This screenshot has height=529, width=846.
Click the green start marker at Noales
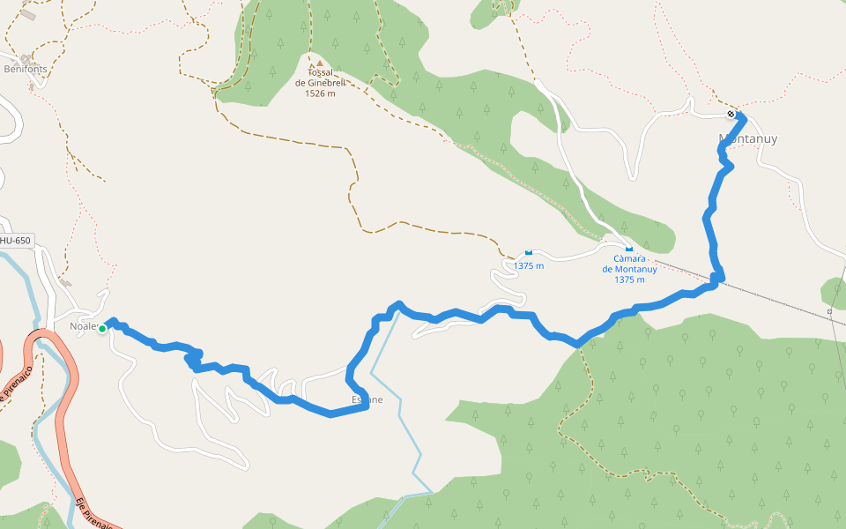(x=102, y=329)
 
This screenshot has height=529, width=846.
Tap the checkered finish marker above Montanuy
(x=731, y=115)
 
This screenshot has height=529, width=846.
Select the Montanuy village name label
(x=748, y=139)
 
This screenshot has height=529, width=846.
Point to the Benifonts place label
(x=26, y=69)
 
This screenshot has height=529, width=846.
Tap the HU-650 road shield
(x=15, y=241)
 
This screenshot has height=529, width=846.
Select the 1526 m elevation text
(x=320, y=93)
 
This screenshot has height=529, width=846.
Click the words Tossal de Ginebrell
(x=320, y=78)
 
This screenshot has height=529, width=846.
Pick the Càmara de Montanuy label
(x=629, y=270)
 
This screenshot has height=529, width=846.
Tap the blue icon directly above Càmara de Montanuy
(x=627, y=250)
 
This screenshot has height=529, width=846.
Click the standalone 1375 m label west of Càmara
(x=529, y=266)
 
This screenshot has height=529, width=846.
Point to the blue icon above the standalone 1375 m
(x=529, y=252)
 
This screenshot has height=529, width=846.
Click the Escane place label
(x=367, y=399)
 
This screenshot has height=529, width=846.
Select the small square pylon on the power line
(x=829, y=311)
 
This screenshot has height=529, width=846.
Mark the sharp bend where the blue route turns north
(x=718, y=279)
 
